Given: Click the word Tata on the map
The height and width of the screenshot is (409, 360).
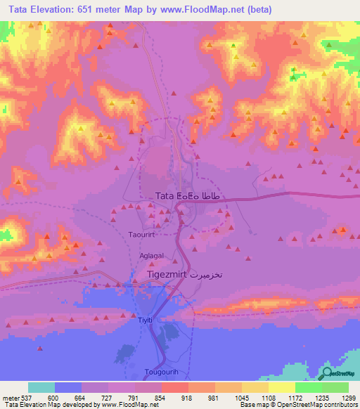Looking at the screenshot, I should (165, 196).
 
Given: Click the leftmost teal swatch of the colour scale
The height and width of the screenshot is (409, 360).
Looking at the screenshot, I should (41, 387).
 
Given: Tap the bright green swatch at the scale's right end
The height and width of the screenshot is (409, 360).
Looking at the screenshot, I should (335, 387).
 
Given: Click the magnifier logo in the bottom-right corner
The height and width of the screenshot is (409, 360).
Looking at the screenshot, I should (328, 373).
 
